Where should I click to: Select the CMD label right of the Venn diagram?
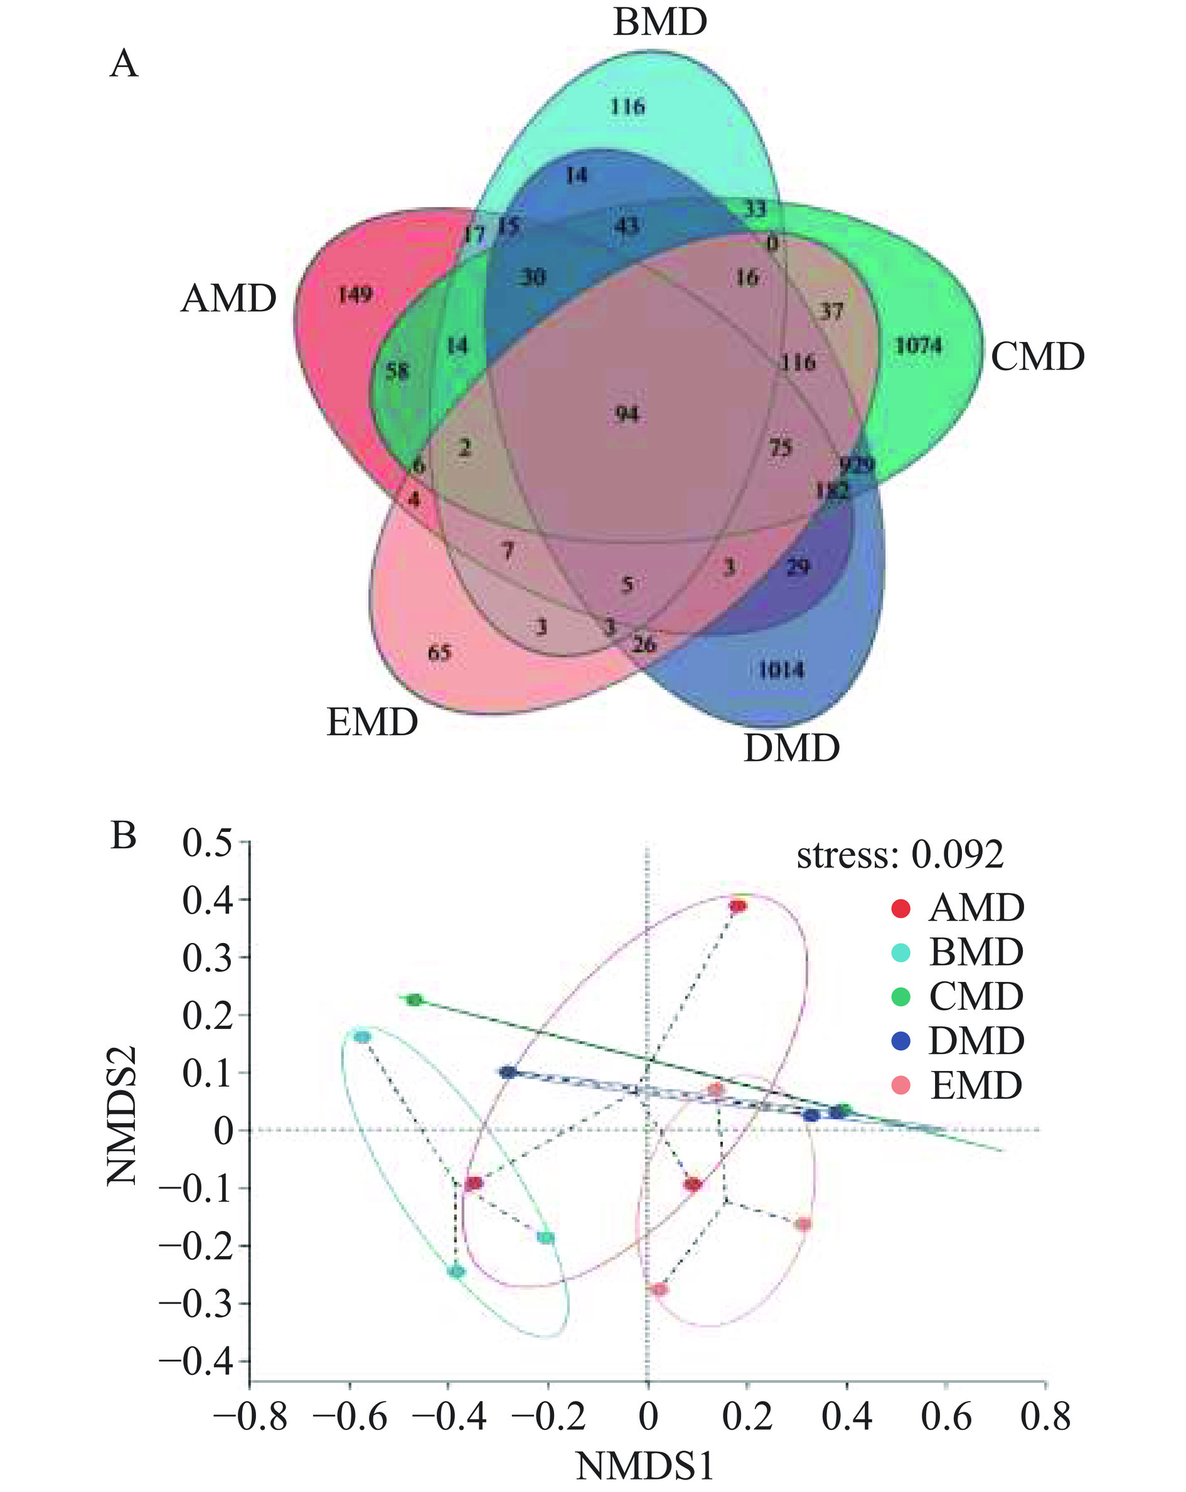coord(1037,357)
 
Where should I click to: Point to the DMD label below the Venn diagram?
coord(791,748)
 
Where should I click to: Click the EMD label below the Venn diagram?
coord(372,722)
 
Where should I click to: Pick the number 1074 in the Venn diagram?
coord(918,345)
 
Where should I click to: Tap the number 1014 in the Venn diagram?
coord(781,669)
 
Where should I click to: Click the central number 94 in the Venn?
coord(627,415)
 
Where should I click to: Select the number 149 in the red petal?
coord(356,295)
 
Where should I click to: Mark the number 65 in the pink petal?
coord(439,653)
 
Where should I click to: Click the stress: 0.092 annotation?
coord(899,855)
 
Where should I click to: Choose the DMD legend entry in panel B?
coord(976,1041)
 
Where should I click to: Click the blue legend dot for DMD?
coord(901,1041)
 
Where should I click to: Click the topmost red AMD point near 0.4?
coord(739,906)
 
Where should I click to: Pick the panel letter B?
coord(123,836)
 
